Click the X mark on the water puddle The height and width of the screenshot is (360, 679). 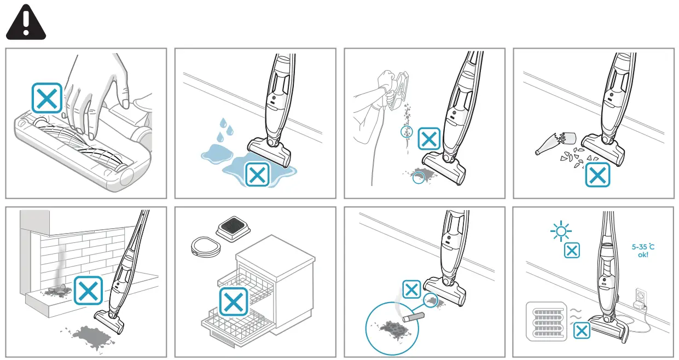256,175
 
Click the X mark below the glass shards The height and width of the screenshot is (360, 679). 599,176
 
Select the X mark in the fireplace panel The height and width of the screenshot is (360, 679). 88,292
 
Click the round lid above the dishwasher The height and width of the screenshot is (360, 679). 206,246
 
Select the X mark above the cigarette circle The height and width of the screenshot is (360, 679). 411,289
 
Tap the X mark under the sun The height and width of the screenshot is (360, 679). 572,251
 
